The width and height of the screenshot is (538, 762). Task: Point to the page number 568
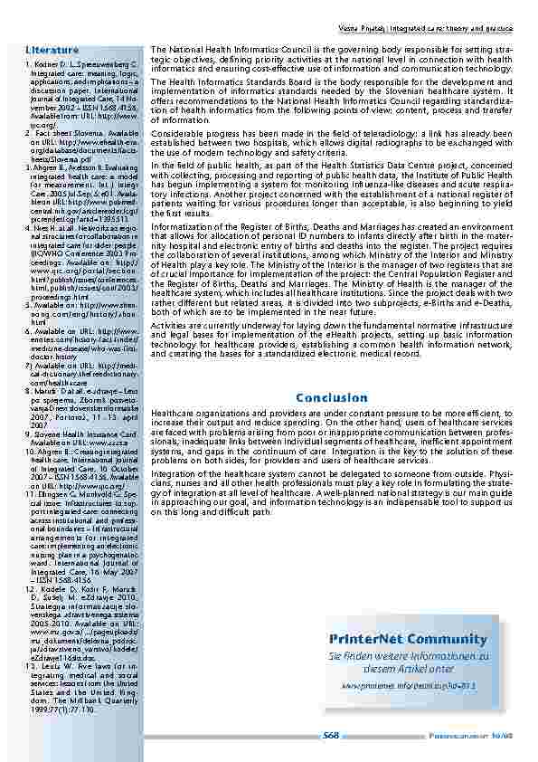pos(332,736)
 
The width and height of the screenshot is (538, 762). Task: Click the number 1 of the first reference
pos(30,66)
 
